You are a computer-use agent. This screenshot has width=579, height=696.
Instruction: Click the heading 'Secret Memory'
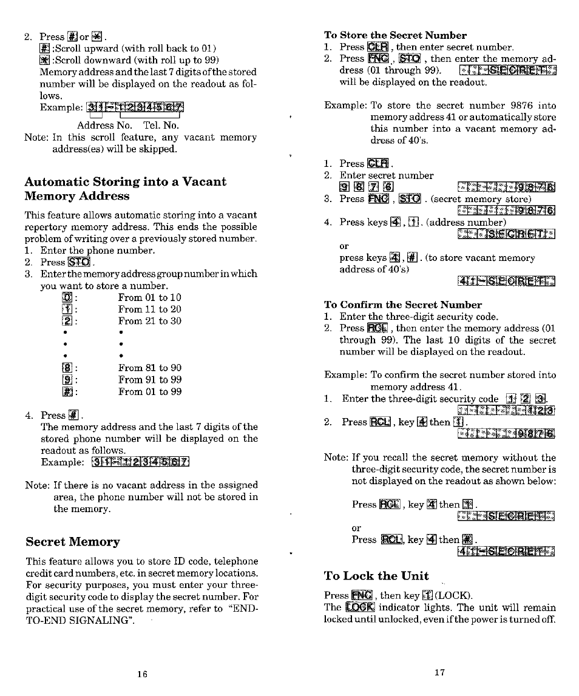pyautogui.click(x=72, y=541)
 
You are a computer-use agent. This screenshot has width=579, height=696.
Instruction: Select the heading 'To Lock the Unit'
pyautogui.click(x=376, y=576)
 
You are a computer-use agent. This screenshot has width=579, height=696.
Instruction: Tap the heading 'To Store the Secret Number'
pyautogui.click(x=395, y=35)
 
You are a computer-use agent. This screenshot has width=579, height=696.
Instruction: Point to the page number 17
pyautogui.click(x=440, y=672)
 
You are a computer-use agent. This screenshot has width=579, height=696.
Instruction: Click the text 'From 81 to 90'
pyautogui.click(x=149, y=368)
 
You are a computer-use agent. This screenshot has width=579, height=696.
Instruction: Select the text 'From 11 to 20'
pyautogui.click(x=149, y=309)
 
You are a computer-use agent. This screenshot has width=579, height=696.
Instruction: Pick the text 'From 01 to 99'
pyautogui.click(x=149, y=392)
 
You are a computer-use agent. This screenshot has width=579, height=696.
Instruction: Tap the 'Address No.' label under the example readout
pyautogui.click(x=104, y=125)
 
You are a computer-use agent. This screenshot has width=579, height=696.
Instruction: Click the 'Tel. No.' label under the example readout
pyautogui.click(x=161, y=125)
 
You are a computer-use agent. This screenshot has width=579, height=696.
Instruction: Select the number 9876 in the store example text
pyautogui.click(x=513, y=106)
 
